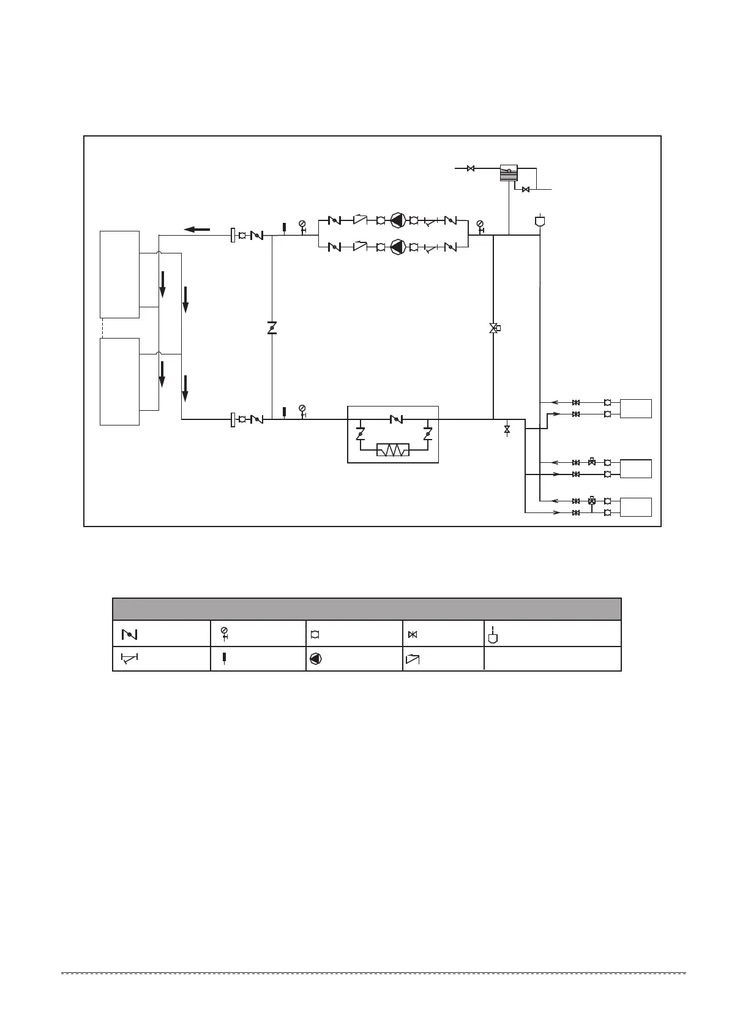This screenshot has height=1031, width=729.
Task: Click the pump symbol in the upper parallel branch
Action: [398, 220]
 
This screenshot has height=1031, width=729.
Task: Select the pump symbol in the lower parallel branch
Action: [398, 247]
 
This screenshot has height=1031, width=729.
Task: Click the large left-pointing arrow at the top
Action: [197, 230]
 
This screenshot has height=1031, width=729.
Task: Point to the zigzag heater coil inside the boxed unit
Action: [393, 451]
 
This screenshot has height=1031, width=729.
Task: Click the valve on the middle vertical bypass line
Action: [272, 328]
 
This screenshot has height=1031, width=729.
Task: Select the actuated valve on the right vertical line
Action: [494, 328]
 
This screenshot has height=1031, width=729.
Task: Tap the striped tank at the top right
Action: [509, 172]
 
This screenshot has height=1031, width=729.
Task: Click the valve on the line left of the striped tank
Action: [471, 168]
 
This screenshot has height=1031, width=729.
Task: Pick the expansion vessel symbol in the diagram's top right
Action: [540, 221]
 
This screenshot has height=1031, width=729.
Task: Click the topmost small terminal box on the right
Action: [635, 408]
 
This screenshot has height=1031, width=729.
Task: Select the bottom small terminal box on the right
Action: [635, 507]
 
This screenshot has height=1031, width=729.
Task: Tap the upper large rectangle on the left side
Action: [120, 274]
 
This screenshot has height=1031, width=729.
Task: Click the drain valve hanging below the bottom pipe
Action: [507, 430]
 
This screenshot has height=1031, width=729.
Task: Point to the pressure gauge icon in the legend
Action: [225, 633]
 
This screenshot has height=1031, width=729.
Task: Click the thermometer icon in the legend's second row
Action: [224, 659]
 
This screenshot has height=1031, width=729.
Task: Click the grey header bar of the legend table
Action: [367, 609]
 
